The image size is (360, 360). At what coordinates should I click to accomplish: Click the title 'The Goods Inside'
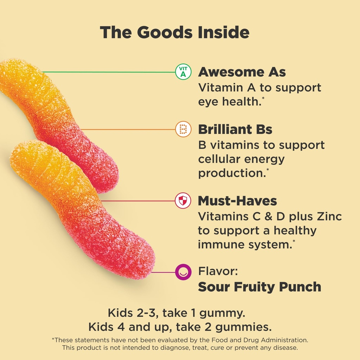175,32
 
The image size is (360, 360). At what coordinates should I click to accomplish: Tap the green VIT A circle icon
183,72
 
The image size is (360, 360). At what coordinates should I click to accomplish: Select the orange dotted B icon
183,129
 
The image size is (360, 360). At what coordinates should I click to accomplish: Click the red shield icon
183,201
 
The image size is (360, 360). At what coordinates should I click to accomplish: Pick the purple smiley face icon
183,271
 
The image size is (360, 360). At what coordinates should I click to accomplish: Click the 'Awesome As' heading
242,72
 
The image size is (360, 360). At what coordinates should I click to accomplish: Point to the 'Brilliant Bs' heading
235,129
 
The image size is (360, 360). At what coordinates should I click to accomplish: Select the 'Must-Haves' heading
237,201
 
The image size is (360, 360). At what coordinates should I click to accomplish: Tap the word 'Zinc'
329,216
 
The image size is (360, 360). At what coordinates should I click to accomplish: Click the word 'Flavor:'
216,271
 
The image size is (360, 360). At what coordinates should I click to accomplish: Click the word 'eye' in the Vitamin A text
208,102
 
